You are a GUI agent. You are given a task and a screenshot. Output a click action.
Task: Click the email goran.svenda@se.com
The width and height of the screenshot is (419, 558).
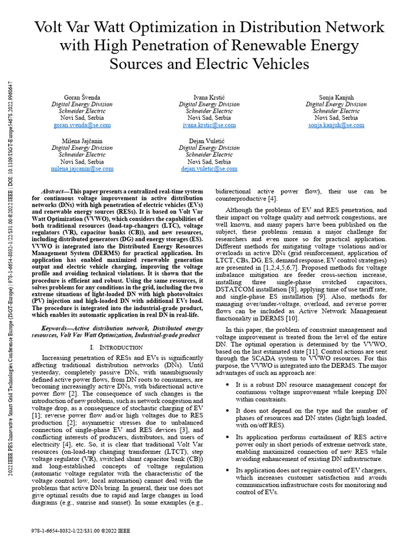point(82,125)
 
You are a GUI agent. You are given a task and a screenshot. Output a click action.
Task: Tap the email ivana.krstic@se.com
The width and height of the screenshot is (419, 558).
point(209,125)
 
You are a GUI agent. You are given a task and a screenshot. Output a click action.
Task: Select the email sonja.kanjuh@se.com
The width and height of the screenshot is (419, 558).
point(336,125)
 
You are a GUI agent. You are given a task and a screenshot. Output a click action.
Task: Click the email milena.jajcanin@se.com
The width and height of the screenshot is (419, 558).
point(82,169)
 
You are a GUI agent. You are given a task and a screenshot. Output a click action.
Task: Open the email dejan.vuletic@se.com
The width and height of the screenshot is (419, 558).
point(209,169)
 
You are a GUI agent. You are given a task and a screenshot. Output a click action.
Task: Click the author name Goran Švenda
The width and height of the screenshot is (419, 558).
point(82,96)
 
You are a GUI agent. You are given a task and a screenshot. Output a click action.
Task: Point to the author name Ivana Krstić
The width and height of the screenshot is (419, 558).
point(209,96)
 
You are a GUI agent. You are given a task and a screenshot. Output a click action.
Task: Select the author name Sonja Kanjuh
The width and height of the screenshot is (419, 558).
point(336,96)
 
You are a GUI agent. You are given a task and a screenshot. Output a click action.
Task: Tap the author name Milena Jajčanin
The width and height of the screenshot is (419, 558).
point(82,141)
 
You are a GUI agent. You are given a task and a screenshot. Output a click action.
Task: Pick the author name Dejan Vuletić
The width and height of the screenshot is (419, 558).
point(209,141)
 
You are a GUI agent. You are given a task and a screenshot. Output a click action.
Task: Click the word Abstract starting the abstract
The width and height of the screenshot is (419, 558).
point(54,192)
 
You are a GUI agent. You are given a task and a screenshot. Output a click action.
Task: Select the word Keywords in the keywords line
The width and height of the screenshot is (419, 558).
point(56,329)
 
